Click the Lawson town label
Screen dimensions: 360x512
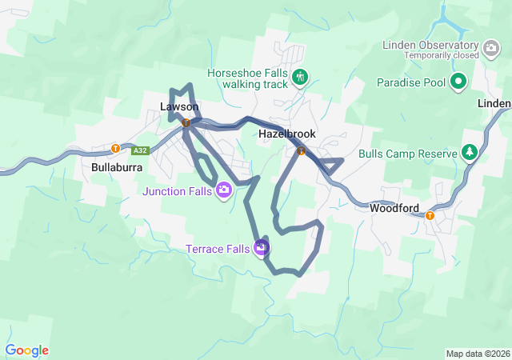pyautogui.click(x=179, y=106)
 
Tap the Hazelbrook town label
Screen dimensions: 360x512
pyautogui.click(x=287, y=134)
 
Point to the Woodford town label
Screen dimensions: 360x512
pyautogui.click(x=395, y=208)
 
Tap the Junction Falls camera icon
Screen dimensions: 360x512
pyautogui.click(x=224, y=190)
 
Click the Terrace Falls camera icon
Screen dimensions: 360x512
pyautogui.click(x=262, y=248)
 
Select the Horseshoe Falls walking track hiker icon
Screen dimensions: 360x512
pyautogui.click(x=300, y=78)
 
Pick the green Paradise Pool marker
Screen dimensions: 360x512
pyautogui.click(x=458, y=81)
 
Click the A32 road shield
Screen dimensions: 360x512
pyautogui.click(x=141, y=150)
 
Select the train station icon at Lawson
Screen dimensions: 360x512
pyautogui.click(x=186, y=123)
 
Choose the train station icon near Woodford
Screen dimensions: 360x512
pyautogui.click(x=430, y=214)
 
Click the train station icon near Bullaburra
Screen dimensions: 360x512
pyautogui.click(x=115, y=148)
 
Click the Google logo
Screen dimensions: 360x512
pyautogui.click(x=26, y=350)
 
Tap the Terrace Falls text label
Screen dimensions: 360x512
pyautogui.click(x=218, y=248)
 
